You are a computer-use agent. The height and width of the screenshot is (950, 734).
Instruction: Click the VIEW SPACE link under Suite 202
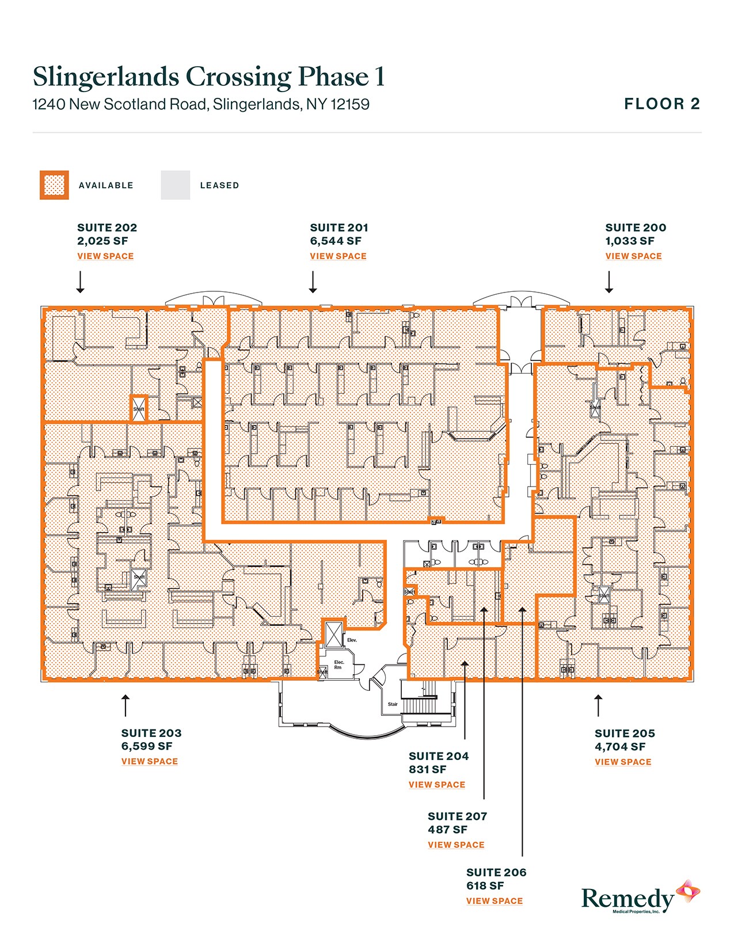[x=105, y=256]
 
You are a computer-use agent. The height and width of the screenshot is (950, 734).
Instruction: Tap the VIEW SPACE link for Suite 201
[x=338, y=256]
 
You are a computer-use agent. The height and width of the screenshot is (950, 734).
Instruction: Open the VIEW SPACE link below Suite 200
[x=633, y=256]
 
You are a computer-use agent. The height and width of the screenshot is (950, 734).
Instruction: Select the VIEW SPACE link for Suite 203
[x=149, y=761]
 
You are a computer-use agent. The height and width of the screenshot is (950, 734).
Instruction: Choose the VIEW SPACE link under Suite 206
[x=495, y=901]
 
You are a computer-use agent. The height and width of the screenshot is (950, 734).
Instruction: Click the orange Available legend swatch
[x=54, y=185]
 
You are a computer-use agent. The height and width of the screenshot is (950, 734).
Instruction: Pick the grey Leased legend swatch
[x=175, y=185]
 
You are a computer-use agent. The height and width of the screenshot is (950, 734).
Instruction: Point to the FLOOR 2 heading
[x=662, y=104]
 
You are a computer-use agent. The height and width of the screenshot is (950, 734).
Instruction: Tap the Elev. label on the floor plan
[x=352, y=640]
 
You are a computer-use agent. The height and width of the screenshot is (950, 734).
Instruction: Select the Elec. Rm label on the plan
[x=339, y=664]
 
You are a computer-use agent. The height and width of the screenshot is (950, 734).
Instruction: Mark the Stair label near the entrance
[x=393, y=704]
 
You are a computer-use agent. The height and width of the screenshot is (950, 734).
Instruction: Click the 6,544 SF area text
[x=336, y=241]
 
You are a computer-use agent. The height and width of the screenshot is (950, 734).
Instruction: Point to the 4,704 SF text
[x=620, y=747]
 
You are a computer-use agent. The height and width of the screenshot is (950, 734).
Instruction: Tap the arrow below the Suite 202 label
[x=81, y=282]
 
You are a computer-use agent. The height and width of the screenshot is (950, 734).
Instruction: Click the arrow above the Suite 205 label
[x=599, y=705]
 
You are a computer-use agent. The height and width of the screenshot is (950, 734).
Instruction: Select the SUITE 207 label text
[x=457, y=816]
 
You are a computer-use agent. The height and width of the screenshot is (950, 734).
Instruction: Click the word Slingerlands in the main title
[x=105, y=77]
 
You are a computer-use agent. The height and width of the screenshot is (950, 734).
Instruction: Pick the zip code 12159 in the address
[x=349, y=105]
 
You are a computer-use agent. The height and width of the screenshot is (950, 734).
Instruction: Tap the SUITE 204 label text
[x=438, y=756]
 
